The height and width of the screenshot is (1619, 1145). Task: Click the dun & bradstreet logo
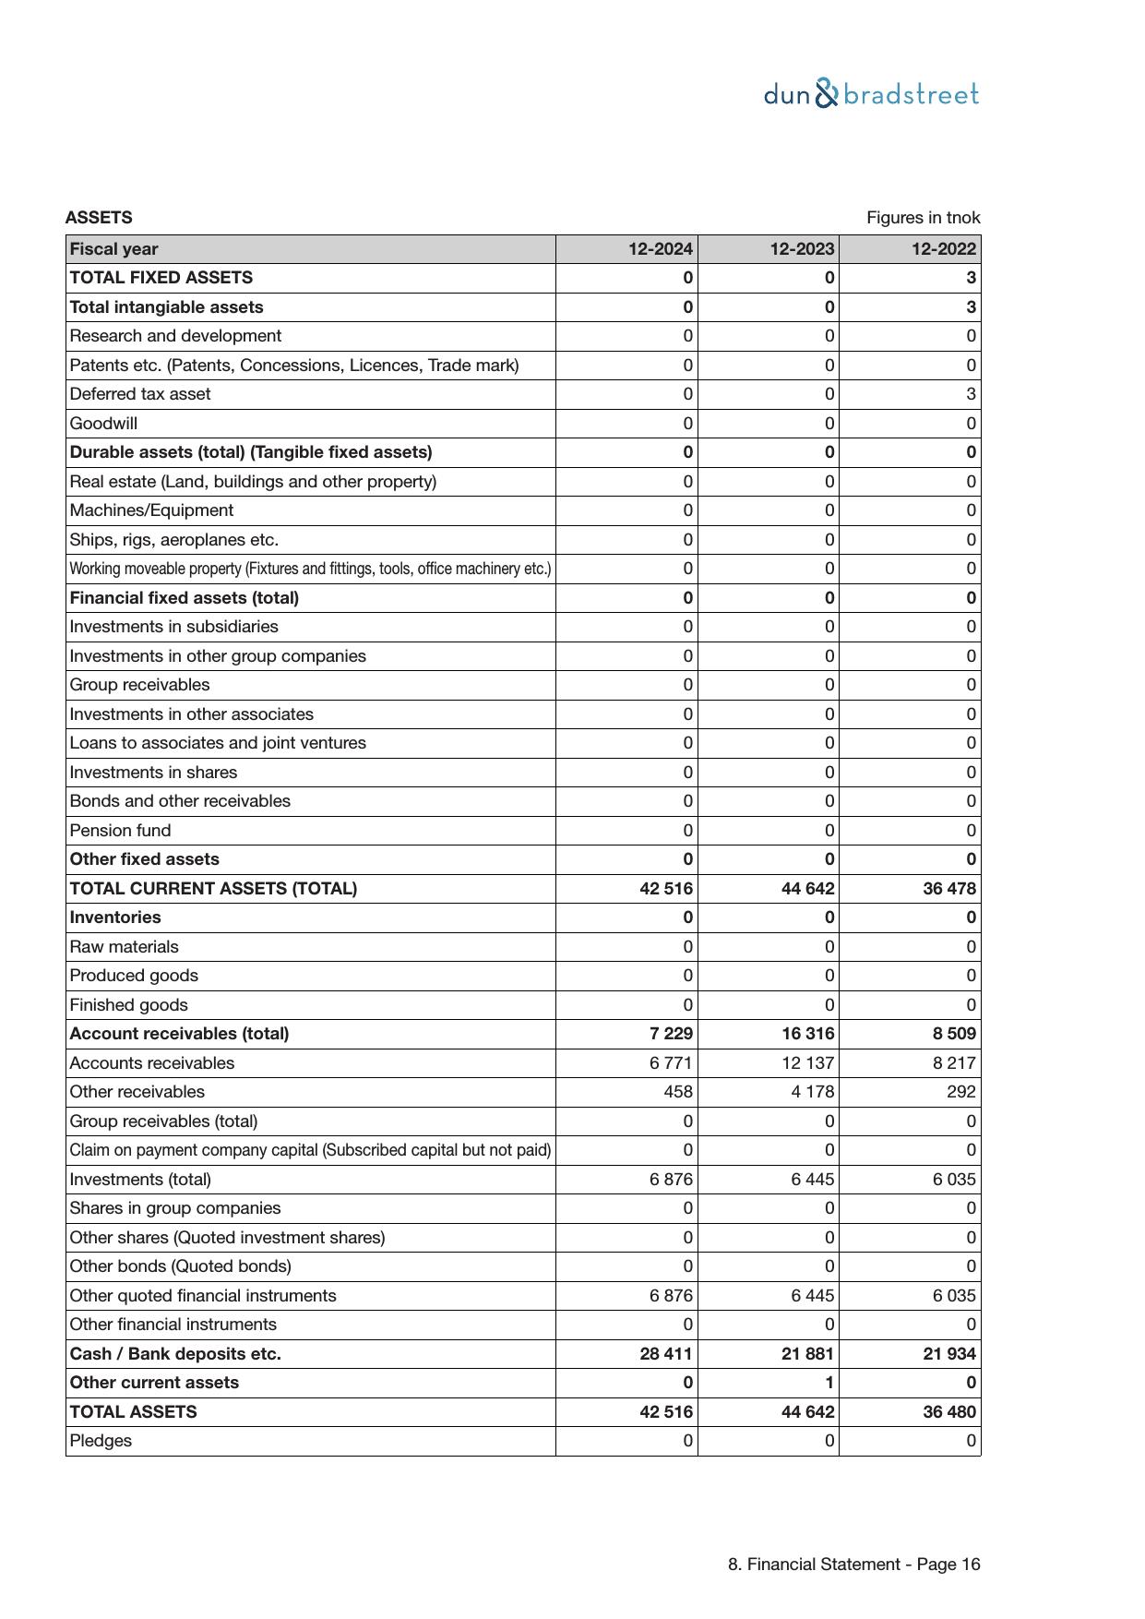pos(871,94)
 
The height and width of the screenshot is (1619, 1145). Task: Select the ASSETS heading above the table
pos(99,218)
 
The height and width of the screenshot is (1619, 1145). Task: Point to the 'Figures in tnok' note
pos(923,218)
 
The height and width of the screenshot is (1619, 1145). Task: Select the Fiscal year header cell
pos(113,249)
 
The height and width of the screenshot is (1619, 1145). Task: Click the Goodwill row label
pos(103,424)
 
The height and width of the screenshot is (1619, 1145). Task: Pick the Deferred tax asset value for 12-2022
pos(971,394)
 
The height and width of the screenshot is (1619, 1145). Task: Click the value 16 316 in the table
pos(807,1034)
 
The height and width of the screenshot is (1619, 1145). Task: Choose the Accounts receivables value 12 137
pos(807,1063)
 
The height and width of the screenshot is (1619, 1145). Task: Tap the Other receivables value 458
pos(678,1092)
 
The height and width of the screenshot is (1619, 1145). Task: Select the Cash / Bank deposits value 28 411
pos(666,1354)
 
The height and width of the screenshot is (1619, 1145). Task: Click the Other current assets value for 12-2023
pos(829,1383)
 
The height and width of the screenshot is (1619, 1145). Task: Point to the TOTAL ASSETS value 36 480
pos(949,1412)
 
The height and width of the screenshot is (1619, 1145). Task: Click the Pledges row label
pos(101,1441)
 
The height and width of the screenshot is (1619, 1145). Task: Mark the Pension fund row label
pos(120,831)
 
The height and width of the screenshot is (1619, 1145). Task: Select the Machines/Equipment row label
pos(151,510)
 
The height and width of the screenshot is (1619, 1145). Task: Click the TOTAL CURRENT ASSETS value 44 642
pos(807,889)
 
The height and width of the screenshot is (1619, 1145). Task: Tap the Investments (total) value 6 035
pos(954,1180)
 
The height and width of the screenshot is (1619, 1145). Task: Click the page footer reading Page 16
pos(853,1565)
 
